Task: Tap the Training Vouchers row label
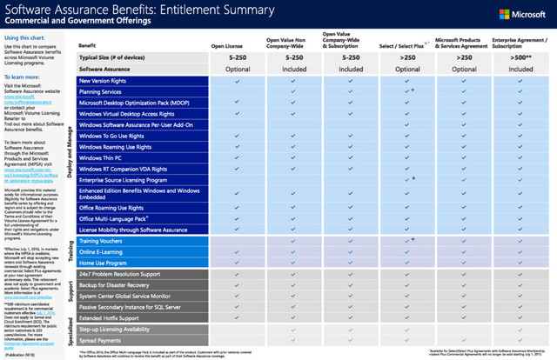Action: point(101,239)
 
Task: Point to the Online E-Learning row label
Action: point(103,250)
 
